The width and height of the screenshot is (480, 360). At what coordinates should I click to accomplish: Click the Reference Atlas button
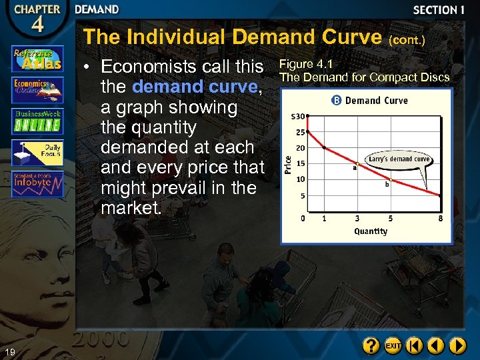click(37, 58)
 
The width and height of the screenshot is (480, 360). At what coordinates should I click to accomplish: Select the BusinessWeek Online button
click(37, 121)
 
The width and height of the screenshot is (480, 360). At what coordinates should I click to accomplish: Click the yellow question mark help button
click(371, 346)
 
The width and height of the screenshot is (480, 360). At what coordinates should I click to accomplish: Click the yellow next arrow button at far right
click(457, 346)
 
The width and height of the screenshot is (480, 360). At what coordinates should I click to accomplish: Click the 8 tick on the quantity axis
click(440, 218)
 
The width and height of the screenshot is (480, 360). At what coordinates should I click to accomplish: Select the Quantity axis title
click(371, 231)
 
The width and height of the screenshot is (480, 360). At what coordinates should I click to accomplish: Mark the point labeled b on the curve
click(391, 179)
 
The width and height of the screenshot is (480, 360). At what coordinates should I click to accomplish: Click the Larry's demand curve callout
click(399, 159)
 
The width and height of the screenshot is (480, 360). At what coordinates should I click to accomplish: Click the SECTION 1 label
click(439, 10)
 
